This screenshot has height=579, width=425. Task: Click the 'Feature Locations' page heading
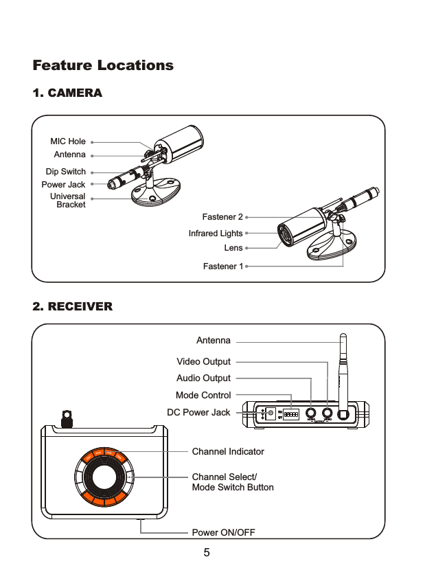coord(103,66)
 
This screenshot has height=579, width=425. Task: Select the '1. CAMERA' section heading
coord(67,93)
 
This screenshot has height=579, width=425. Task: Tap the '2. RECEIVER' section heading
coord(73,306)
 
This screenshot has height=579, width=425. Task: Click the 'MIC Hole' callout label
coord(68,141)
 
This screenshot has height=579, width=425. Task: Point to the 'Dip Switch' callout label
coord(66,172)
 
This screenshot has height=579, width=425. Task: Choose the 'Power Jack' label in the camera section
coord(63,185)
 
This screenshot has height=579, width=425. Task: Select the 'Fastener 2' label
coord(222,218)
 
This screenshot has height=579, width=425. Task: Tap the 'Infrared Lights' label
coord(216,234)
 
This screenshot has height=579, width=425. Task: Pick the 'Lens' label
coord(233,248)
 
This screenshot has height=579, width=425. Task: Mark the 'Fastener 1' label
coord(222,266)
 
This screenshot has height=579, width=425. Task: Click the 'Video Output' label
coord(204,361)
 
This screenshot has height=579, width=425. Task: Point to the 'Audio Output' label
coord(204,378)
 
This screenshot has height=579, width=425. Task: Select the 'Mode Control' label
coord(203,395)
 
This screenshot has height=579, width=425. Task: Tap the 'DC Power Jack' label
coord(199,412)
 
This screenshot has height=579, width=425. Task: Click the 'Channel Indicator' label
coord(228,451)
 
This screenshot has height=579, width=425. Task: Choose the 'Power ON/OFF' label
coord(223,532)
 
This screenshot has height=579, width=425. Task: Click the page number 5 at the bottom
coord(207,553)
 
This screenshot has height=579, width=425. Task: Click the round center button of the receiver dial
coord(104,478)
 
